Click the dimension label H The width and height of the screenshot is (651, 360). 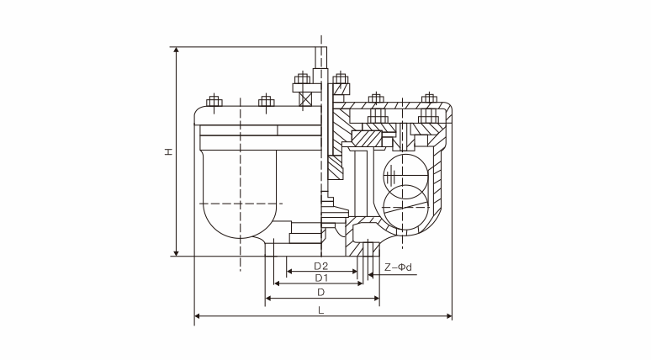(x=168, y=152)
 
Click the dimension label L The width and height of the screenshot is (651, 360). (x=322, y=310)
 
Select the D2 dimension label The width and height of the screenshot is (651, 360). (x=321, y=265)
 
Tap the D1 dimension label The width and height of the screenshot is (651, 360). (x=321, y=277)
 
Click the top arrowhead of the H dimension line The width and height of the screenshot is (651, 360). (x=177, y=50)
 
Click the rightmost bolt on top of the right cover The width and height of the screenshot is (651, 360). (x=429, y=99)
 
